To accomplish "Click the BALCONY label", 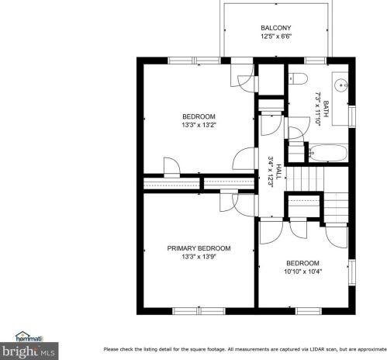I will (x=275, y=28).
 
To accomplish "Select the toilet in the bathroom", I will (x=299, y=78).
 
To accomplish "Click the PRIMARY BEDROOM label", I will (x=199, y=248).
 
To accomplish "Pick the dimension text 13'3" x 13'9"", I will (x=199, y=257).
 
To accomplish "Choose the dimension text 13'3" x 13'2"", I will (x=199, y=125).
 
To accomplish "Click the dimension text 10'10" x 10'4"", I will (x=302, y=271).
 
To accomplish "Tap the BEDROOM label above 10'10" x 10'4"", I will (x=302, y=262).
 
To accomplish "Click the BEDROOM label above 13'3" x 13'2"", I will (x=199, y=116).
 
